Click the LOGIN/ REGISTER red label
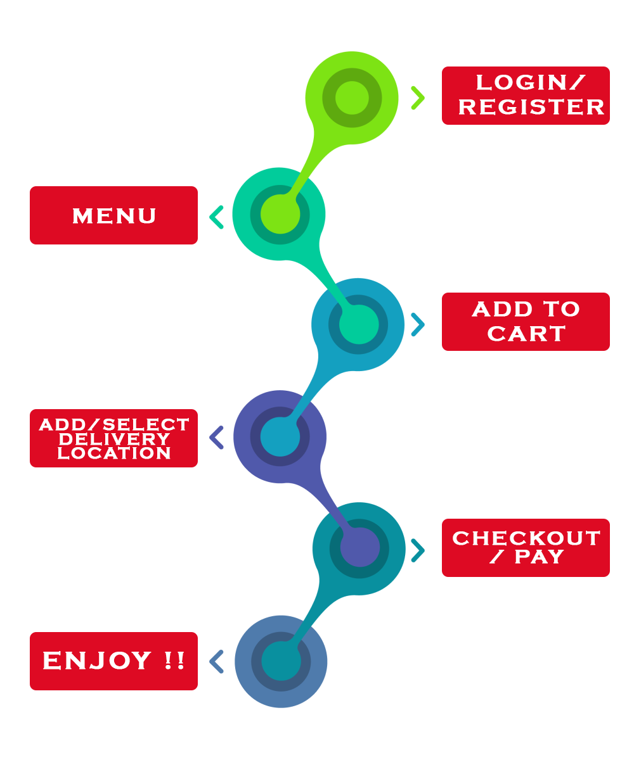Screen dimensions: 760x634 [525, 95]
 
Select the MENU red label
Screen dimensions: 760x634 [114, 215]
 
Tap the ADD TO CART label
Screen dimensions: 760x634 [525, 321]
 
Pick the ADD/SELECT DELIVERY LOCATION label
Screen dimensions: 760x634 [114, 438]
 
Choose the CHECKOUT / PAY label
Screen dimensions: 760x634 [525, 547]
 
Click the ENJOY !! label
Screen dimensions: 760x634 [114, 661]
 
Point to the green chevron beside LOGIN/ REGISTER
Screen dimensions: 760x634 [417, 98]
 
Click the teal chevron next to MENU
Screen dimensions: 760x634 [217, 217]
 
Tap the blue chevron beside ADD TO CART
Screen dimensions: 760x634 [417, 324]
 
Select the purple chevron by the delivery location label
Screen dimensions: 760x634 [217, 437]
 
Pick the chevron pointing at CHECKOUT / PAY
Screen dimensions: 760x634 [417, 550]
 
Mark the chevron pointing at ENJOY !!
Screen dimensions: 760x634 [217, 661]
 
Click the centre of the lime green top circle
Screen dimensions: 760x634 [352, 98]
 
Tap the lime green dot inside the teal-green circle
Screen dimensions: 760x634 [280, 214]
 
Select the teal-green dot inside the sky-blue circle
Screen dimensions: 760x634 [359, 324]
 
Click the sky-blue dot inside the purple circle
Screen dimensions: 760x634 [280, 436]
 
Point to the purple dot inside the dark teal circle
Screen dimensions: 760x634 [359, 548]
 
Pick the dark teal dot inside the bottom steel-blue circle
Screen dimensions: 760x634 [280, 661]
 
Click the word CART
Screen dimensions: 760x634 [526, 334]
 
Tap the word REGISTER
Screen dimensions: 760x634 [531, 107]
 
